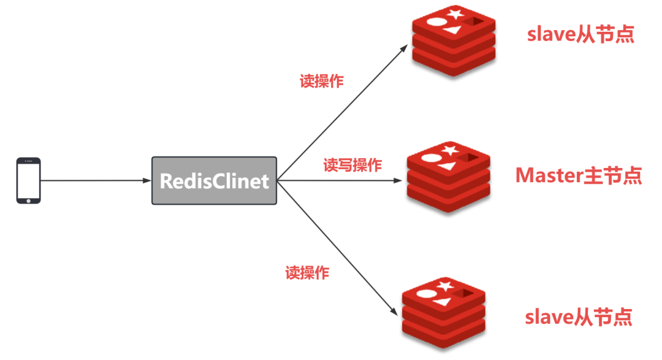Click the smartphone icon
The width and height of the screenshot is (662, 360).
coord(28,180)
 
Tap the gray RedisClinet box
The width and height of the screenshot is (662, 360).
coord(214,180)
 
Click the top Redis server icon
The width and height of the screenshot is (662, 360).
coord(454,39)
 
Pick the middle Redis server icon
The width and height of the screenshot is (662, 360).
coord(449,178)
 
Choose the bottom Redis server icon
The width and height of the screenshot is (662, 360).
coord(444,313)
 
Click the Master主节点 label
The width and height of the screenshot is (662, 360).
coord(579,175)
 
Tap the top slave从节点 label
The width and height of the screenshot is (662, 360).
coord(580,34)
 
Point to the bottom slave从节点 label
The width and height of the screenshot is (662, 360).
coord(579,317)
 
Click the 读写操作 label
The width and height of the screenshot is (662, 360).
coord(352,165)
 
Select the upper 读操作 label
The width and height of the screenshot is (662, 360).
coord(321,82)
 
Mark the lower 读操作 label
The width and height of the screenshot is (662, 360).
coord(307,273)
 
